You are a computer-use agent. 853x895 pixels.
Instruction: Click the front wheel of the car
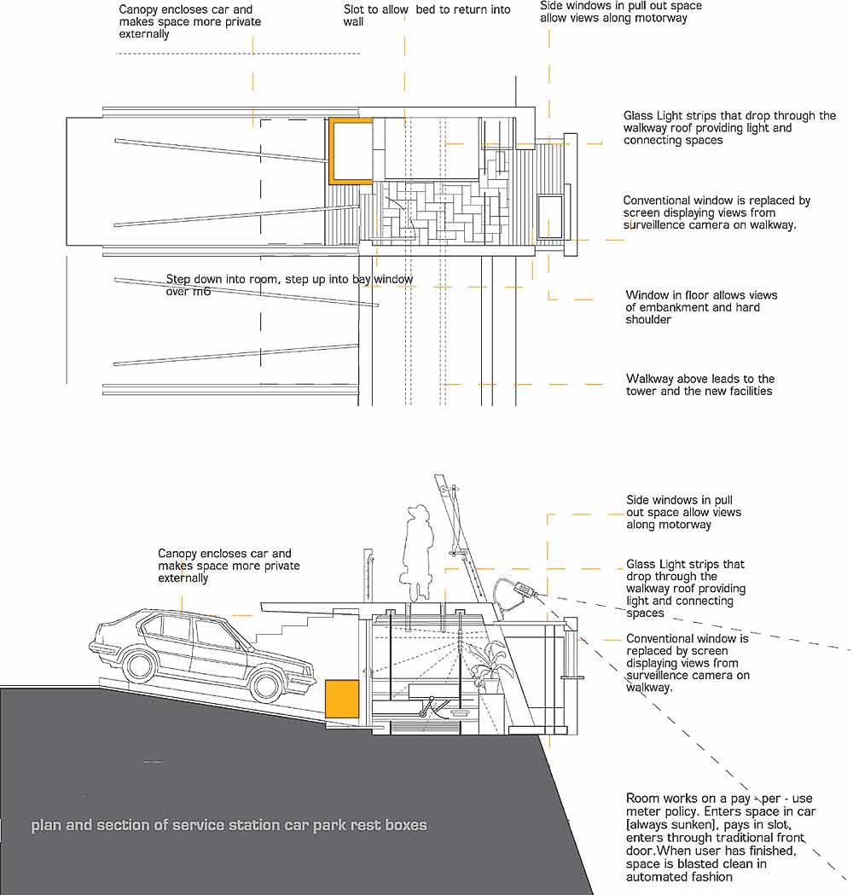pyautogui.click(x=268, y=683)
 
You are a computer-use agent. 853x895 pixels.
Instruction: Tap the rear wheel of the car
pyautogui.click(x=136, y=663)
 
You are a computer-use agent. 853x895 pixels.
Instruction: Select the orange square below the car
pyautogui.click(x=341, y=697)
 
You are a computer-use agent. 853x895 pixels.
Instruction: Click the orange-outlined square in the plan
pyautogui.click(x=351, y=151)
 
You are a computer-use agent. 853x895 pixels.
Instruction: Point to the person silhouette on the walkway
pyautogui.click(x=418, y=550)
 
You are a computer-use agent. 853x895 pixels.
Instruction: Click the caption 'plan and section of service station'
pyautogui.click(x=229, y=825)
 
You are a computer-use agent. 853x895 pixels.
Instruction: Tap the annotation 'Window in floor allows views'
pyautogui.click(x=701, y=295)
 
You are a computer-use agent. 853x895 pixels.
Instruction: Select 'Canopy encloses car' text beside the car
pyautogui.click(x=224, y=554)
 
